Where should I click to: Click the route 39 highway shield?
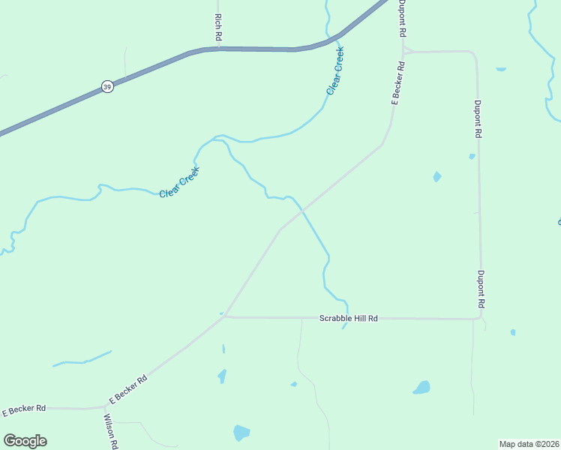pyautogui.click(x=108, y=87)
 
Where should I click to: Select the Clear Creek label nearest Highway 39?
pyautogui.click(x=335, y=70)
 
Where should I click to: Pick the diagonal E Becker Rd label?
pyautogui.click(x=127, y=388)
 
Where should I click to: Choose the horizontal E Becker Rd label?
pyautogui.click(x=25, y=409)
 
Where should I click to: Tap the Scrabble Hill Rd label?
pyautogui.click(x=348, y=318)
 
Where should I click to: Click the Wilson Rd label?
pyautogui.click(x=111, y=431)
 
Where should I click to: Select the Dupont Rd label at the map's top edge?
pyautogui.click(x=403, y=19)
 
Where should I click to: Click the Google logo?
pyautogui.click(x=25, y=441)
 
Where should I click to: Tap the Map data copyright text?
pyautogui.click(x=529, y=444)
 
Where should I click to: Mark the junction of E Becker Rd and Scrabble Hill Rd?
pyautogui.click(x=225, y=316)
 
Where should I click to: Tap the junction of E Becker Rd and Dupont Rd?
pyautogui.click(x=403, y=51)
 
